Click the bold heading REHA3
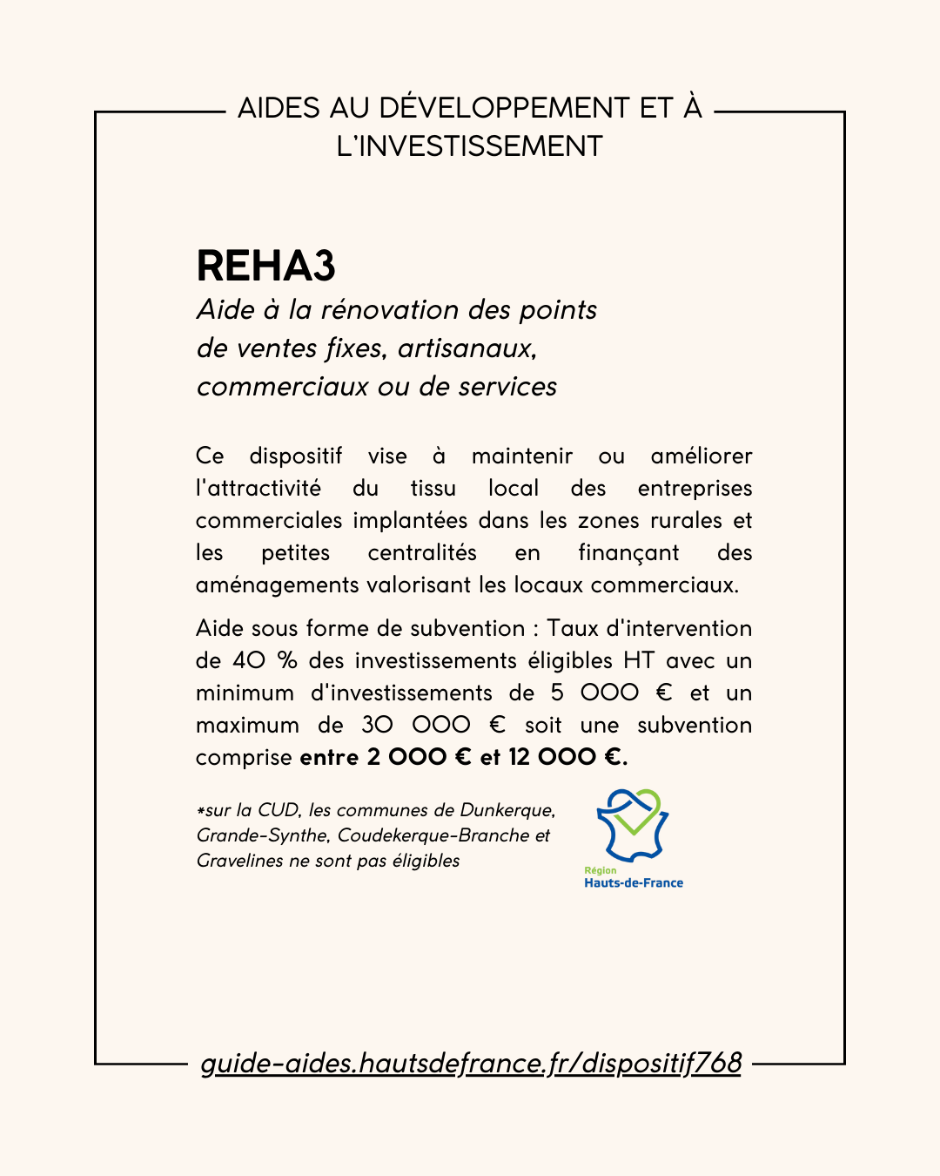(265, 266)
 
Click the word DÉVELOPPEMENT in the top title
(505, 108)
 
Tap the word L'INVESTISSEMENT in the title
(469, 146)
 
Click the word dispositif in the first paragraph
(296, 456)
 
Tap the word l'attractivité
(258, 489)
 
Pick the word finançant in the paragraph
(628, 553)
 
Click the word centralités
(422, 553)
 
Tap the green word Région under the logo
(600, 870)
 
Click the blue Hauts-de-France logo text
(634, 883)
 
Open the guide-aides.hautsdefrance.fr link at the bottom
(471, 1064)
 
